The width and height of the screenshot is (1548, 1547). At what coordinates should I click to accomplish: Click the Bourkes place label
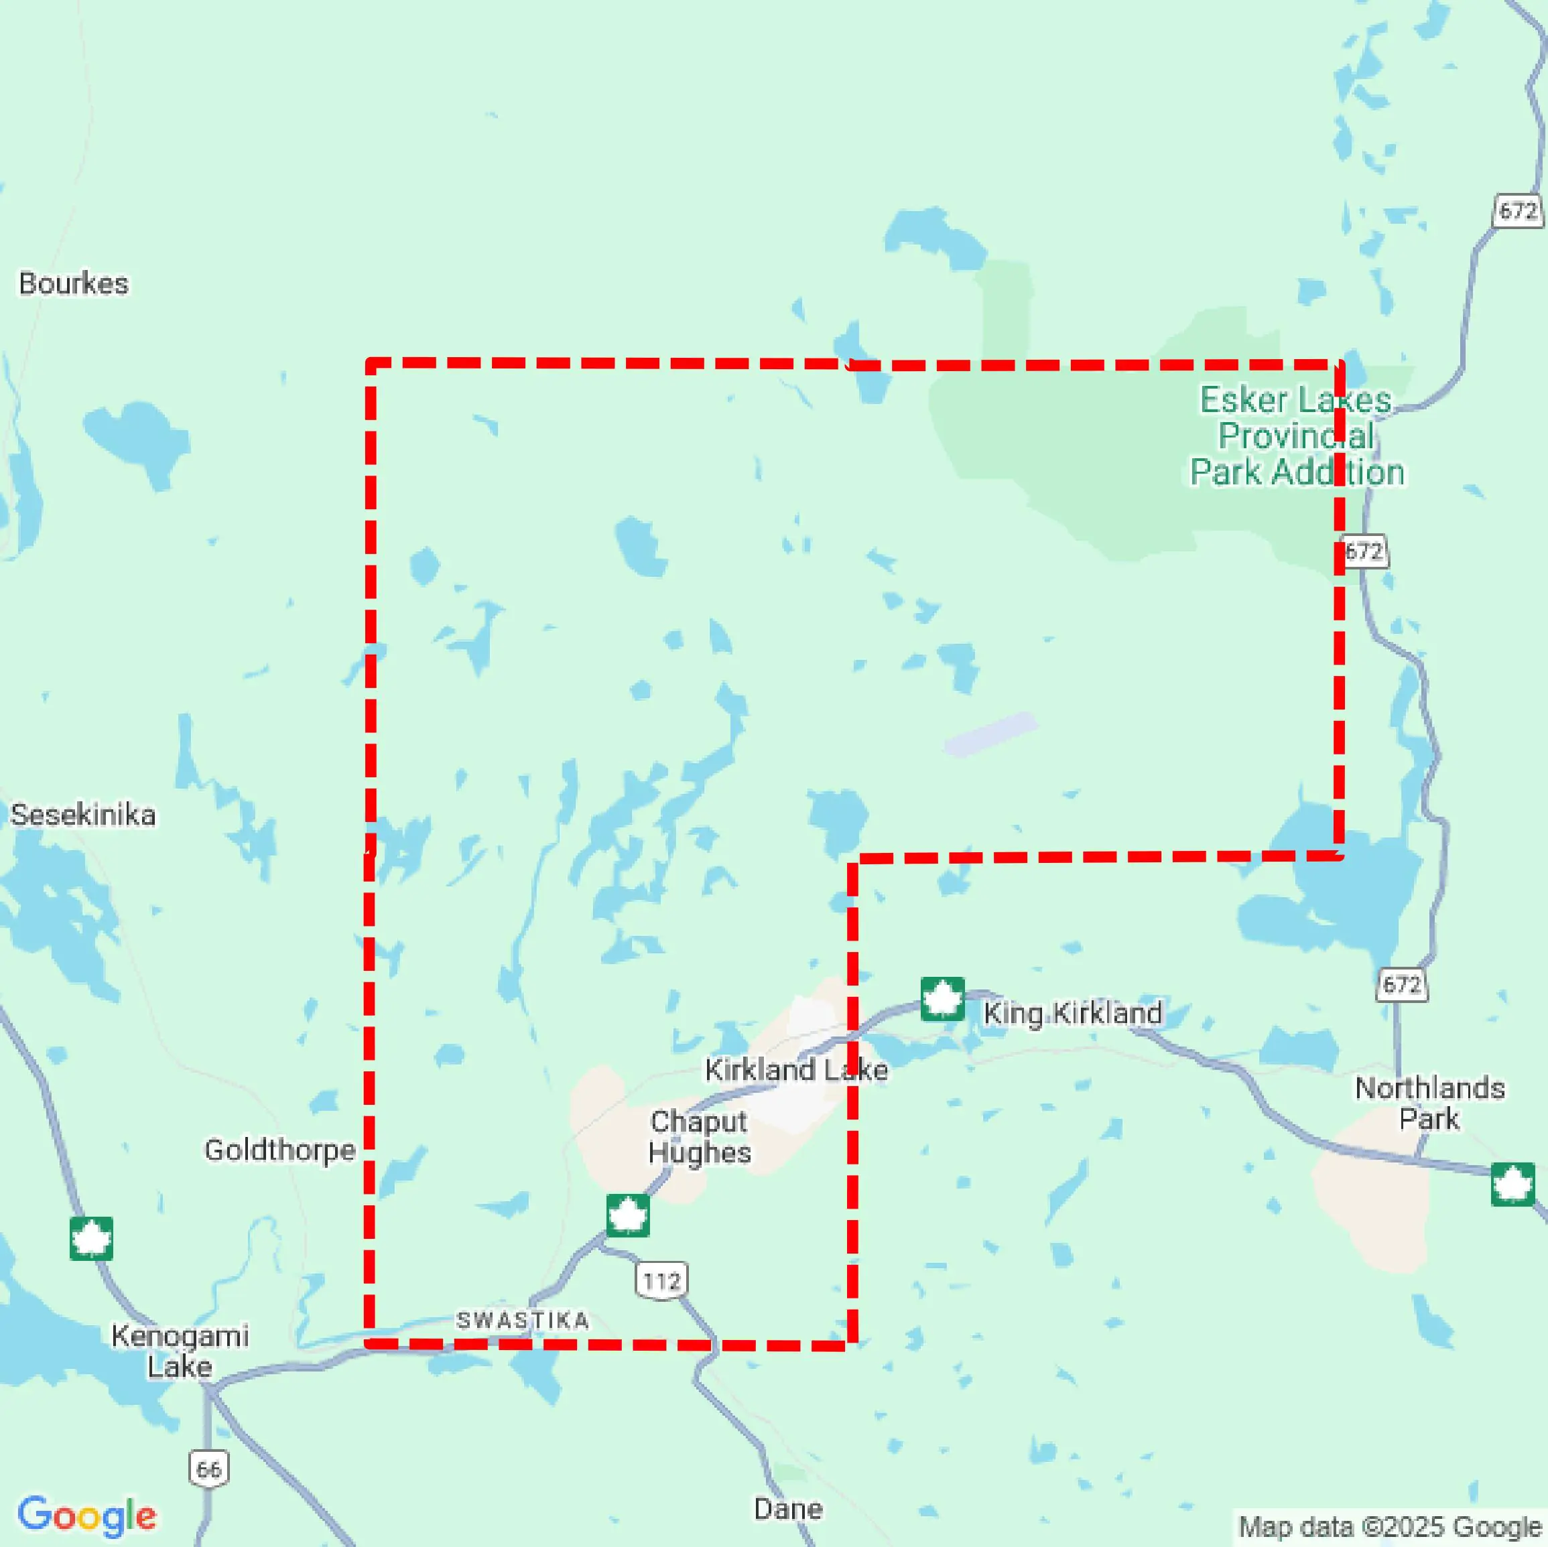coord(74,283)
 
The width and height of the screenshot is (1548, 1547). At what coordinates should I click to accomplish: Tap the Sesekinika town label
coord(82,815)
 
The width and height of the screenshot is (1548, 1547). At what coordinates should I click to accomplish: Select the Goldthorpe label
coord(279,1150)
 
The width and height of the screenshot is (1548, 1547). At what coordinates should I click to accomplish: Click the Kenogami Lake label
coord(180,1351)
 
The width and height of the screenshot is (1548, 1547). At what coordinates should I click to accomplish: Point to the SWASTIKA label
coord(523,1321)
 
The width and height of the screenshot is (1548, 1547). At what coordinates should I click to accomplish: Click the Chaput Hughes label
coord(699,1136)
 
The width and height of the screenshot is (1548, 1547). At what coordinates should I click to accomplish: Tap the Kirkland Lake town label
coord(795,1069)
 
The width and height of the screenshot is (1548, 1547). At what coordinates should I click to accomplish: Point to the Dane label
coord(787,1509)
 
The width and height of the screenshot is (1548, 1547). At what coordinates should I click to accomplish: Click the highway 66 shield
coord(209,1469)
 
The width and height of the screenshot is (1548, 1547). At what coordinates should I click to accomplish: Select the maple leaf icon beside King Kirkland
coord(942,999)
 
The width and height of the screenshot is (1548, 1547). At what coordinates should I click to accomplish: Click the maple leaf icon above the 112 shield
coord(627,1215)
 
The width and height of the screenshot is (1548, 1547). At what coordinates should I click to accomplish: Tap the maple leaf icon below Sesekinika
coord(91,1239)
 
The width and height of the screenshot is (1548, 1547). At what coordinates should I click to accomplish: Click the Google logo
coord(86,1515)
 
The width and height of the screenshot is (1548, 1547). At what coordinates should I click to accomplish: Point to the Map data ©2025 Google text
coord(1390,1526)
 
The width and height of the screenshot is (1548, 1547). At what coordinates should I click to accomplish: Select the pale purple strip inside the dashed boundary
coord(990,733)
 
